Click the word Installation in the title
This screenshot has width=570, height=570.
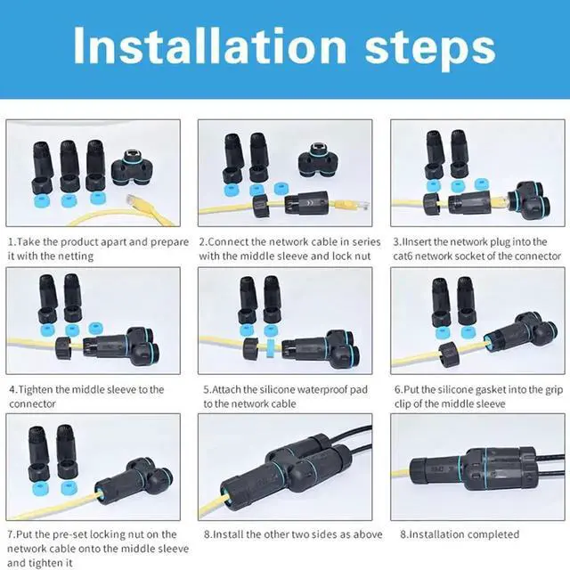click(x=210, y=46)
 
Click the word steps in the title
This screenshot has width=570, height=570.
click(x=430, y=49)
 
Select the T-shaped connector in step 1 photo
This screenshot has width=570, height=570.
click(x=133, y=167)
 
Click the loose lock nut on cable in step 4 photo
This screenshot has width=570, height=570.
click(x=63, y=348)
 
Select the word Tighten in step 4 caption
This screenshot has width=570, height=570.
click(x=36, y=390)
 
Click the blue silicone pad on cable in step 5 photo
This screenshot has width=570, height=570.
click(x=270, y=348)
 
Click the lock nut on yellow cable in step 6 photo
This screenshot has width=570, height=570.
click(x=450, y=354)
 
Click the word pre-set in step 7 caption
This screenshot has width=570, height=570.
click(x=70, y=534)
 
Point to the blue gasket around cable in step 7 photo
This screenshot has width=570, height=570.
click(x=99, y=495)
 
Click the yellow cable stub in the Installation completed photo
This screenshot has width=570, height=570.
click(x=401, y=473)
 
